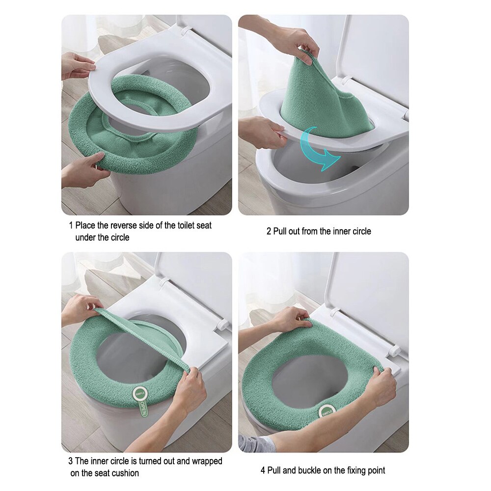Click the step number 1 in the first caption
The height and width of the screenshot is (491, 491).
point(71,226)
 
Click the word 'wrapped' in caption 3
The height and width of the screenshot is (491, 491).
point(207,462)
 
